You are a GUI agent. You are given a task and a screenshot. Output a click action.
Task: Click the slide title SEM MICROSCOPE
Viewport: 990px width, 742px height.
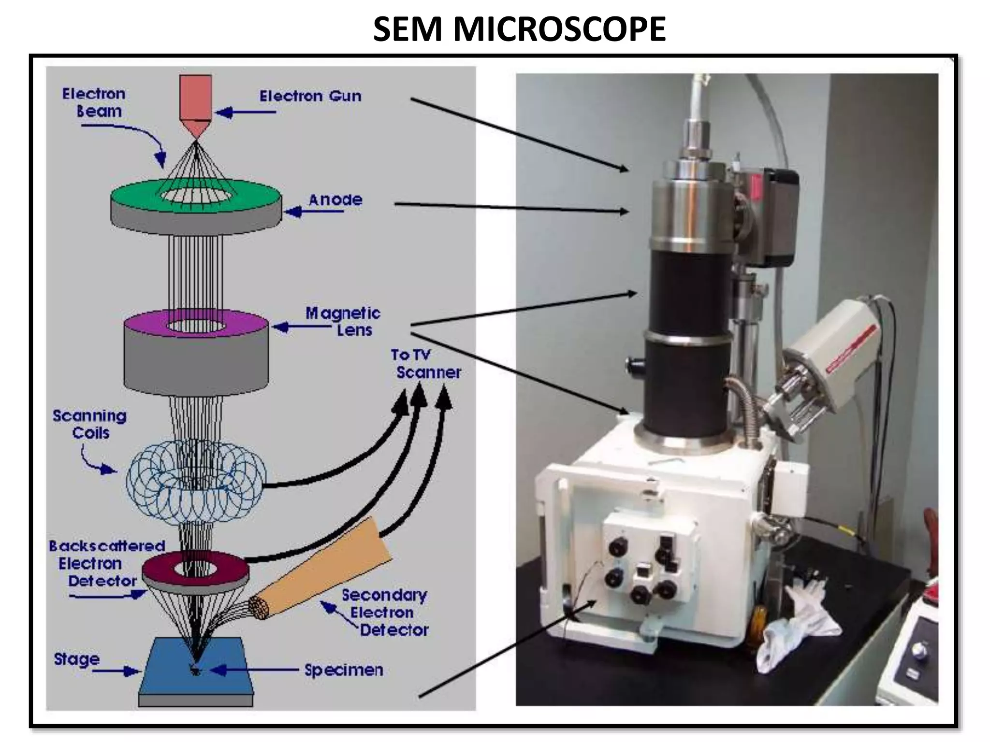pos(519,29)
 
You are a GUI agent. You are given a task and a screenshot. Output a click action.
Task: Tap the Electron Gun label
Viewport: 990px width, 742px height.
pos(310,96)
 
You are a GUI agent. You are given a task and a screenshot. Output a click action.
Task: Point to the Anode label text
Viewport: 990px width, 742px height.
pos(335,200)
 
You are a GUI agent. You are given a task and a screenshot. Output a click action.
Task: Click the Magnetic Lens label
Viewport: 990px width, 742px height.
pos(343,322)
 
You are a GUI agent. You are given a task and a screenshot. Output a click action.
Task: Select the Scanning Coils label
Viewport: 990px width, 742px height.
pos(90,424)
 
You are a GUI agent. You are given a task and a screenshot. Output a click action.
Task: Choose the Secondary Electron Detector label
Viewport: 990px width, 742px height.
pos(384,613)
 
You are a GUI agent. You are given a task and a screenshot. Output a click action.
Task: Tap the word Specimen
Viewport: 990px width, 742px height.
pos(344,671)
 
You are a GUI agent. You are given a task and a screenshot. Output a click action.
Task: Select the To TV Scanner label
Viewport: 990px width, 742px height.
pos(425,364)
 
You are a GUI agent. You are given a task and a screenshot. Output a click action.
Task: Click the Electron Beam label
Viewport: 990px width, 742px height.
pos(95,102)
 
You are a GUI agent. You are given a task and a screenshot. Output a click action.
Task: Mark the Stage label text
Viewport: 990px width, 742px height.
pos(76,659)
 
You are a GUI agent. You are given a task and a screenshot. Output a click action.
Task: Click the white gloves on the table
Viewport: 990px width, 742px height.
pos(802,623)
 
